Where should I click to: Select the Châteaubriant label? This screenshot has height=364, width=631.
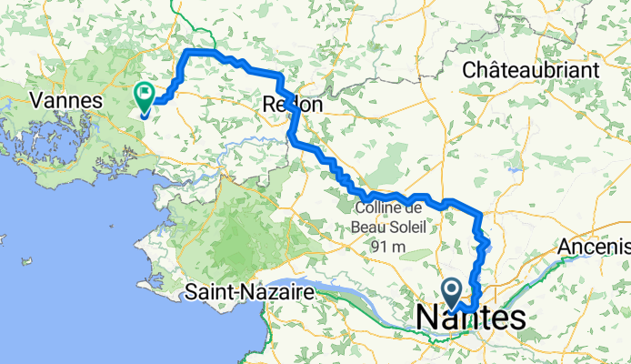[x=530, y=69]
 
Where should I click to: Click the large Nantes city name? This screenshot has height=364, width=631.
[x=471, y=318]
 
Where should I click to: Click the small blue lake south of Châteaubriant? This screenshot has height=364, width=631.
[x=516, y=169]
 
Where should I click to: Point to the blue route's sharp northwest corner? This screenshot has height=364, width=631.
[x=188, y=54]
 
